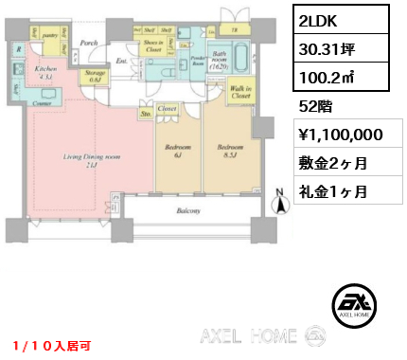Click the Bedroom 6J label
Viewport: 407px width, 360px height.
(177, 152)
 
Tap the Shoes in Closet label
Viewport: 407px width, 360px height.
(151, 46)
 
